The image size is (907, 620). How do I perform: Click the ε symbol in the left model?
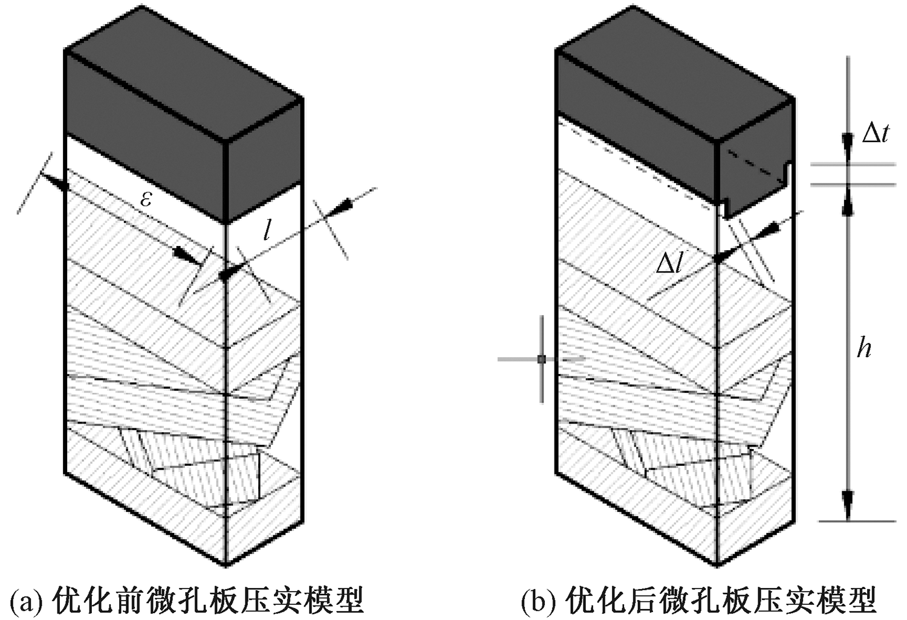[x=146, y=199]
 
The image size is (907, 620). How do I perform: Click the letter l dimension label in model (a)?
[x=267, y=231]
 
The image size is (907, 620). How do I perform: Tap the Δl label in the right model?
[x=669, y=264]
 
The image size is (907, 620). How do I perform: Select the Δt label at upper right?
[x=875, y=132]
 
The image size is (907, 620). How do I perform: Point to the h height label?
[x=865, y=347]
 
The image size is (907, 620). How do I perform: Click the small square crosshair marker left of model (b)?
[x=541, y=360]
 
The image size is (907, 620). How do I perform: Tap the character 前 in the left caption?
[x=145, y=600]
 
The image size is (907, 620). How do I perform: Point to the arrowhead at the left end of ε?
[x=60, y=184]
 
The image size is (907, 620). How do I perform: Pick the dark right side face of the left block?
[x=264, y=160]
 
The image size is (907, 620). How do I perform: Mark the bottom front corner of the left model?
[x=226, y=564]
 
